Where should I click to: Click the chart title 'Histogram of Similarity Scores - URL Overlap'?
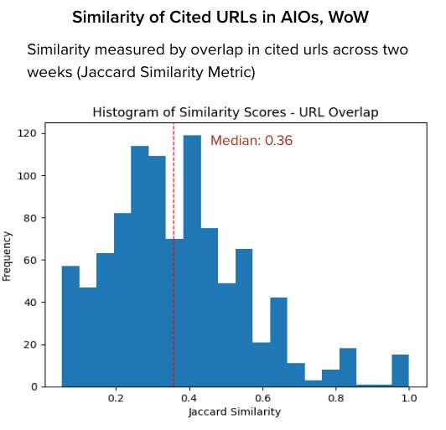click(x=235, y=112)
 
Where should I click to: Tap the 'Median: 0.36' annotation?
click(x=251, y=141)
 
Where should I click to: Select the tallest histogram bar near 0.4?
click(x=192, y=260)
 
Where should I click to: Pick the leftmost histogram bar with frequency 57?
click(x=70, y=326)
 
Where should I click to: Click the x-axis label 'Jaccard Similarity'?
click(x=236, y=412)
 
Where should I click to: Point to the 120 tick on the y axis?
click(x=43, y=133)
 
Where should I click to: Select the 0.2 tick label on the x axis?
click(x=116, y=399)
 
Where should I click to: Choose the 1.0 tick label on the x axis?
click(x=409, y=399)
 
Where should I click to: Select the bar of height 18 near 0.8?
click(x=348, y=367)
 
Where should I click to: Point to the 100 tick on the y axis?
click(x=43, y=175)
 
